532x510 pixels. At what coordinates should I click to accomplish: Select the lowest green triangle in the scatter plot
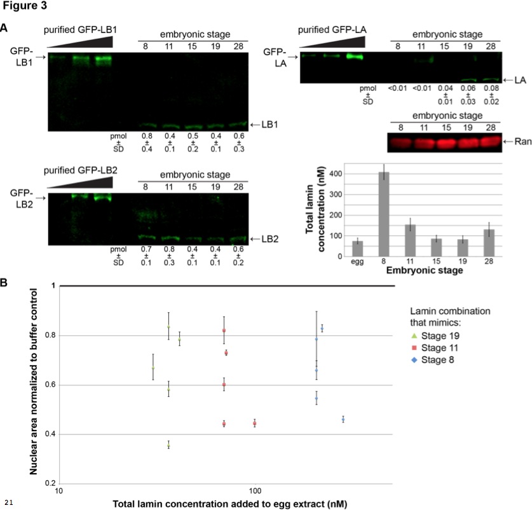pyautogui.click(x=168, y=445)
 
